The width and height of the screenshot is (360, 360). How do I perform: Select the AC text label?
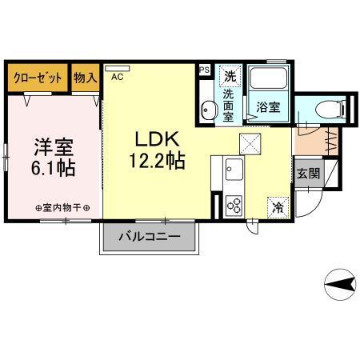click(117, 77)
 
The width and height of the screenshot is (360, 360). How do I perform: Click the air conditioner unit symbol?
click(117, 68)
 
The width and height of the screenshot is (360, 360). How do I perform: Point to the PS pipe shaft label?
click(203, 70)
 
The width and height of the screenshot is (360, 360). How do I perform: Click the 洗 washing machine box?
click(230, 77)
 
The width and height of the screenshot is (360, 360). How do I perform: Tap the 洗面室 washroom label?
click(229, 105)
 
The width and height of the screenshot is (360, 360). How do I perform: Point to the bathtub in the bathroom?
click(269, 80)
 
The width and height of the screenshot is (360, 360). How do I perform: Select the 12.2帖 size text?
click(157, 162)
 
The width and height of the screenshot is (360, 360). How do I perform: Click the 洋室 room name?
click(54, 149)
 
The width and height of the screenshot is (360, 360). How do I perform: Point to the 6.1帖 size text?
click(54, 170)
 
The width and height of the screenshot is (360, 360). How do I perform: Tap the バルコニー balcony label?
click(148, 238)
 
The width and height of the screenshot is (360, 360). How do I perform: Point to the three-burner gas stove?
click(234, 203)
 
